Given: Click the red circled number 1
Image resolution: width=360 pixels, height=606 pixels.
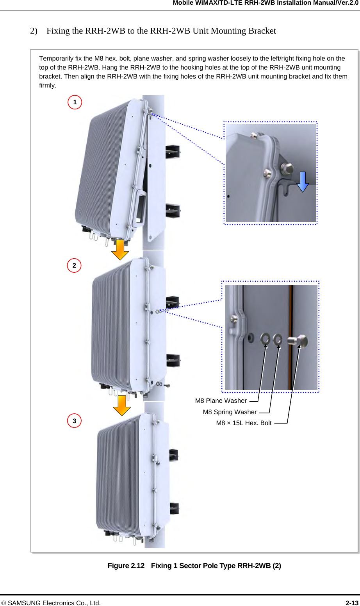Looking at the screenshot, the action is tap(75, 102).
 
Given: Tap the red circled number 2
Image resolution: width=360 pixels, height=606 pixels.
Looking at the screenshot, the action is tap(74, 266).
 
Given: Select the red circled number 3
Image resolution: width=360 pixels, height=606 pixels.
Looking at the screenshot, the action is tap(74, 421).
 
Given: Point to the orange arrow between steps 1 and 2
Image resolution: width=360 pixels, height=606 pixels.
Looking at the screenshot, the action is tap(120, 250).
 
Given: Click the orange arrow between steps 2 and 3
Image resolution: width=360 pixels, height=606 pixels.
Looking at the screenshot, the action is tap(122, 406).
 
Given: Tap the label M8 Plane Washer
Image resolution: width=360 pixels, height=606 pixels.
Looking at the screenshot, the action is tap(221, 401).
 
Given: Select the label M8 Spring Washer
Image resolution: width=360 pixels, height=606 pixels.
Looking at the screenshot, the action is tap(230, 412).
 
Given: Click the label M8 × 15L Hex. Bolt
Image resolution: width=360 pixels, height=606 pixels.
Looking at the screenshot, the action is tap(244, 423).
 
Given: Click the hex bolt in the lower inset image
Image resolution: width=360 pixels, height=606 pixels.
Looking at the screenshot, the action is tap(298, 341).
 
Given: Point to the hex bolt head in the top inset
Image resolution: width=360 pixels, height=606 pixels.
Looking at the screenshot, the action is tap(287, 168).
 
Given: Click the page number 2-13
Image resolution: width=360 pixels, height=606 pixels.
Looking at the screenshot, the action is tap(352, 603).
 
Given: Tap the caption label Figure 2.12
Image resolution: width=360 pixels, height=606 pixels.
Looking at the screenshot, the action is tap(126, 566).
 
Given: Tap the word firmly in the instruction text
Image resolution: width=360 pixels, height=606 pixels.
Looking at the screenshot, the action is tap(47, 86).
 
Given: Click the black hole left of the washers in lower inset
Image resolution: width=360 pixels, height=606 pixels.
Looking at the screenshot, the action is tap(250, 337).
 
